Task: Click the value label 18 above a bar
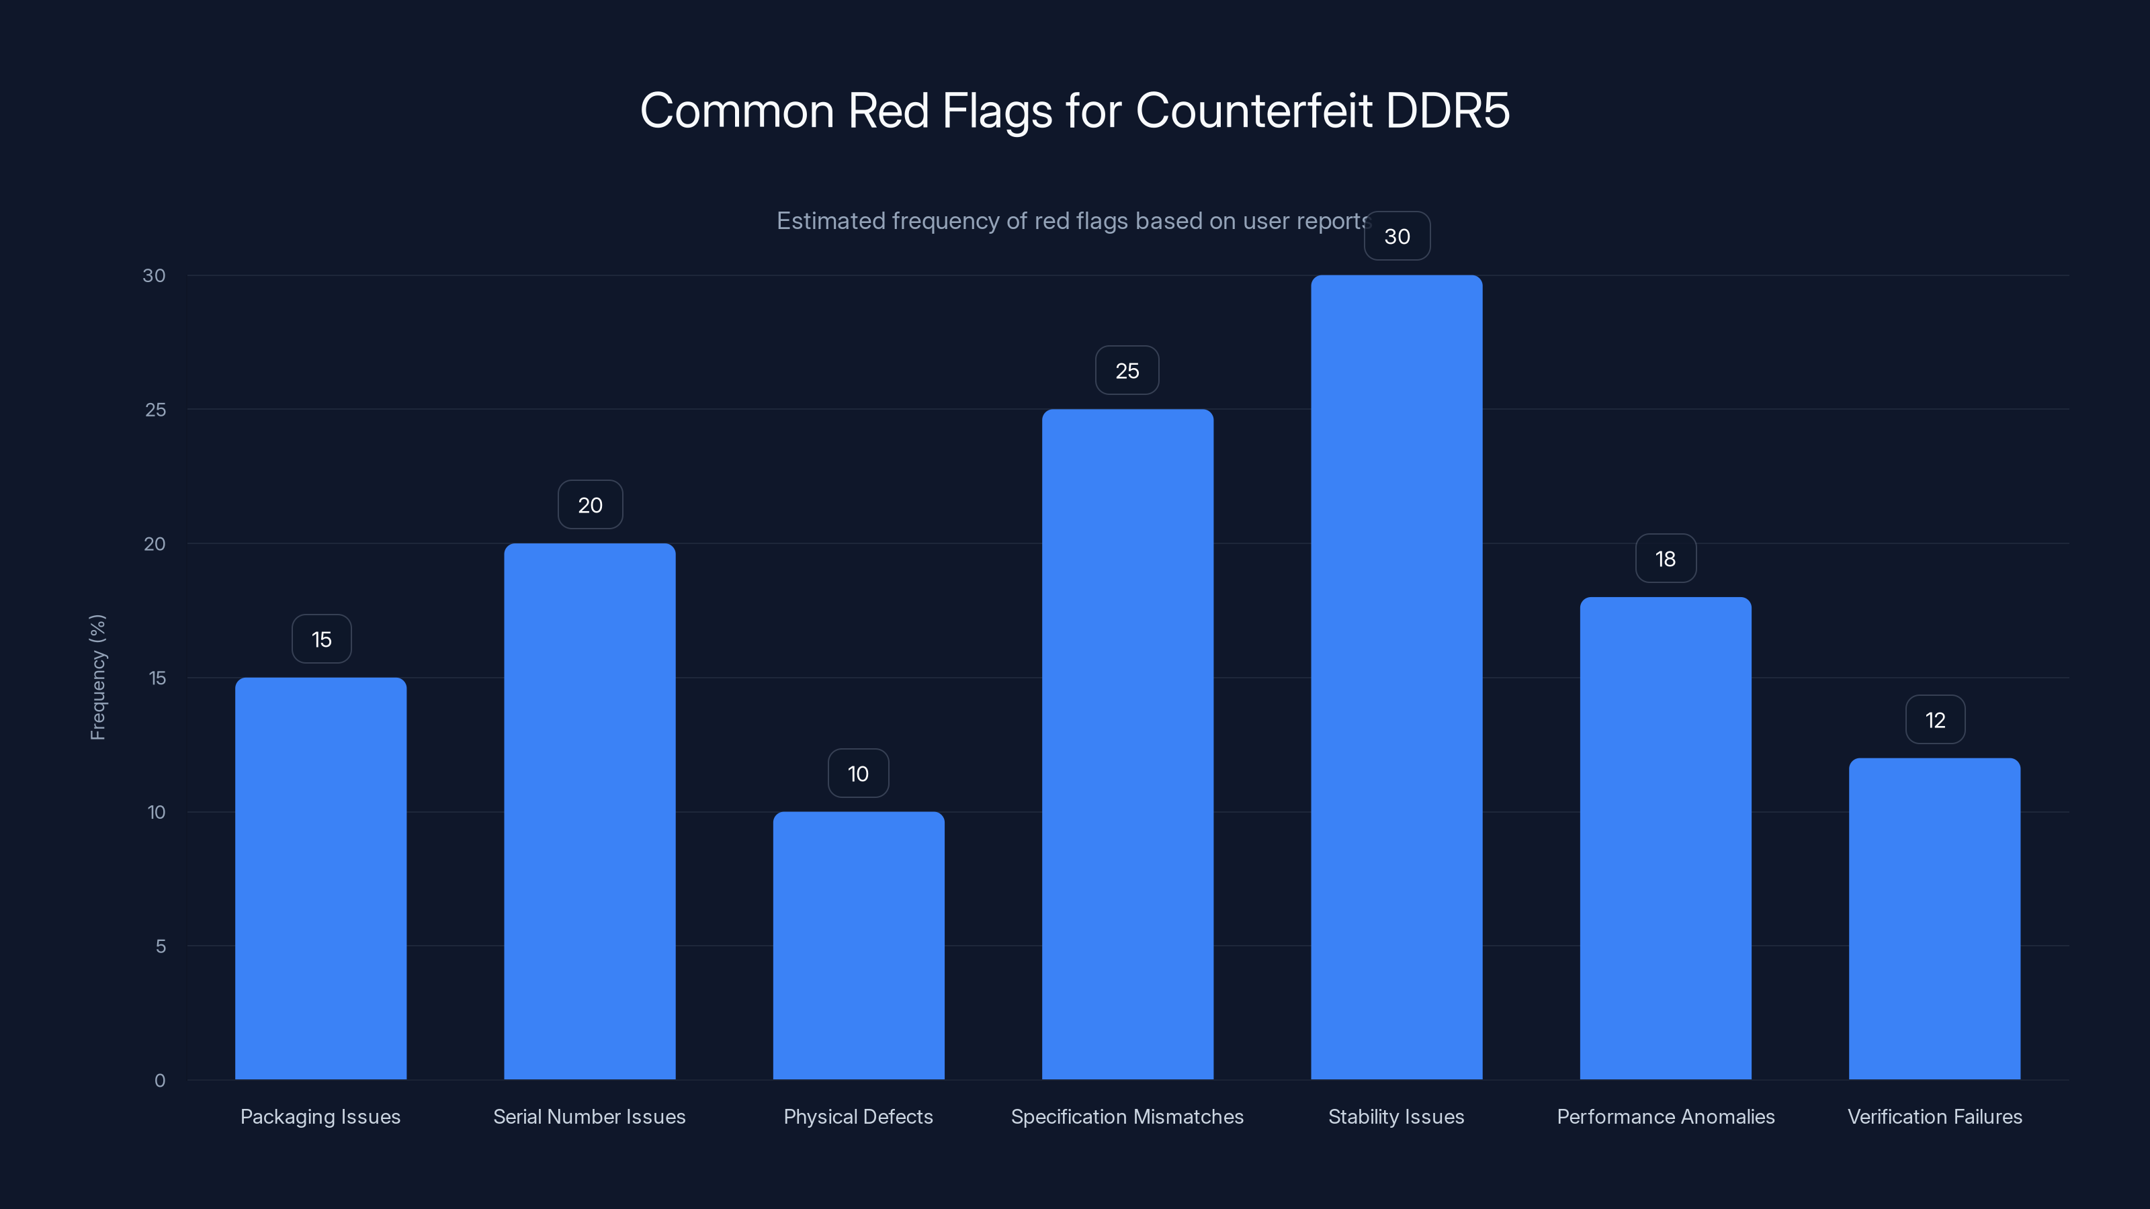pyautogui.click(x=1665, y=558)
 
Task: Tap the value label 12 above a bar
pyautogui.click(x=1935, y=719)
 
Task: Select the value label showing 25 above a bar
pyautogui.click(x=1127, y=371)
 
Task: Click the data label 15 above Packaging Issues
pyautogui.click(x=321, y=639)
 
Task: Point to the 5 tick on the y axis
pyautogui.click(x=161, y=946)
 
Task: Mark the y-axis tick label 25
pyautogui.click(x=155, y=410)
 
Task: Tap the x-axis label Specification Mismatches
pyautogui.click(x=1127, y=1116)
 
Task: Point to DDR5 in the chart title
pyautogui.click(x=1447, y=110)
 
